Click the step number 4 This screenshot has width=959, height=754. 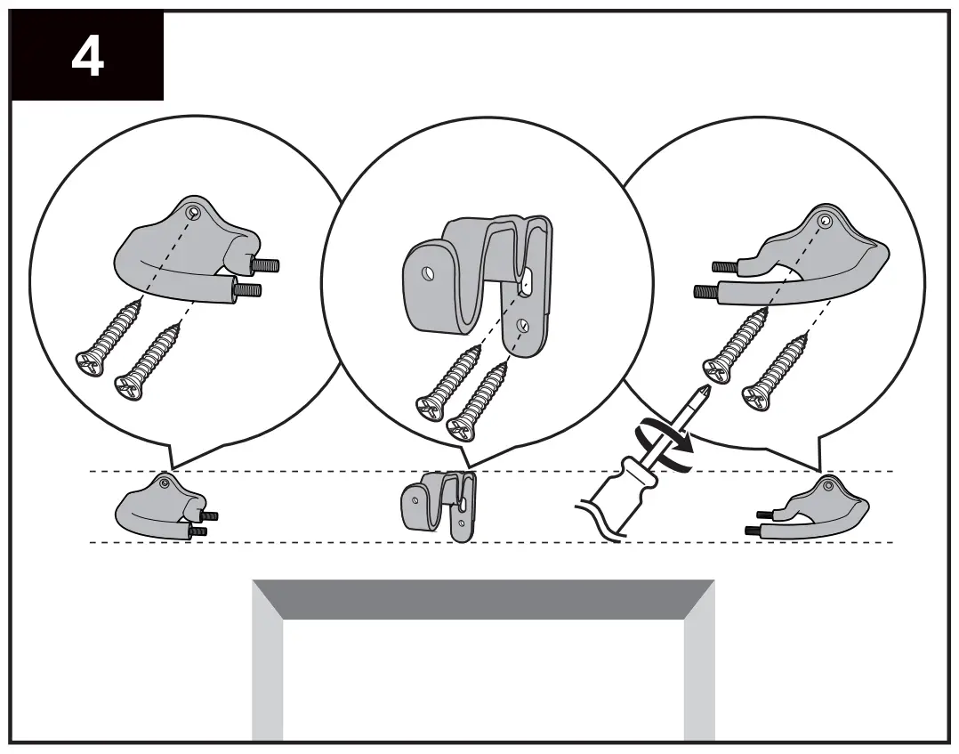pos(86,56)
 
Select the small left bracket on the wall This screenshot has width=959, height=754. pos(160,507)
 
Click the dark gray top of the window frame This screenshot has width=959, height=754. pos(483,599)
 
